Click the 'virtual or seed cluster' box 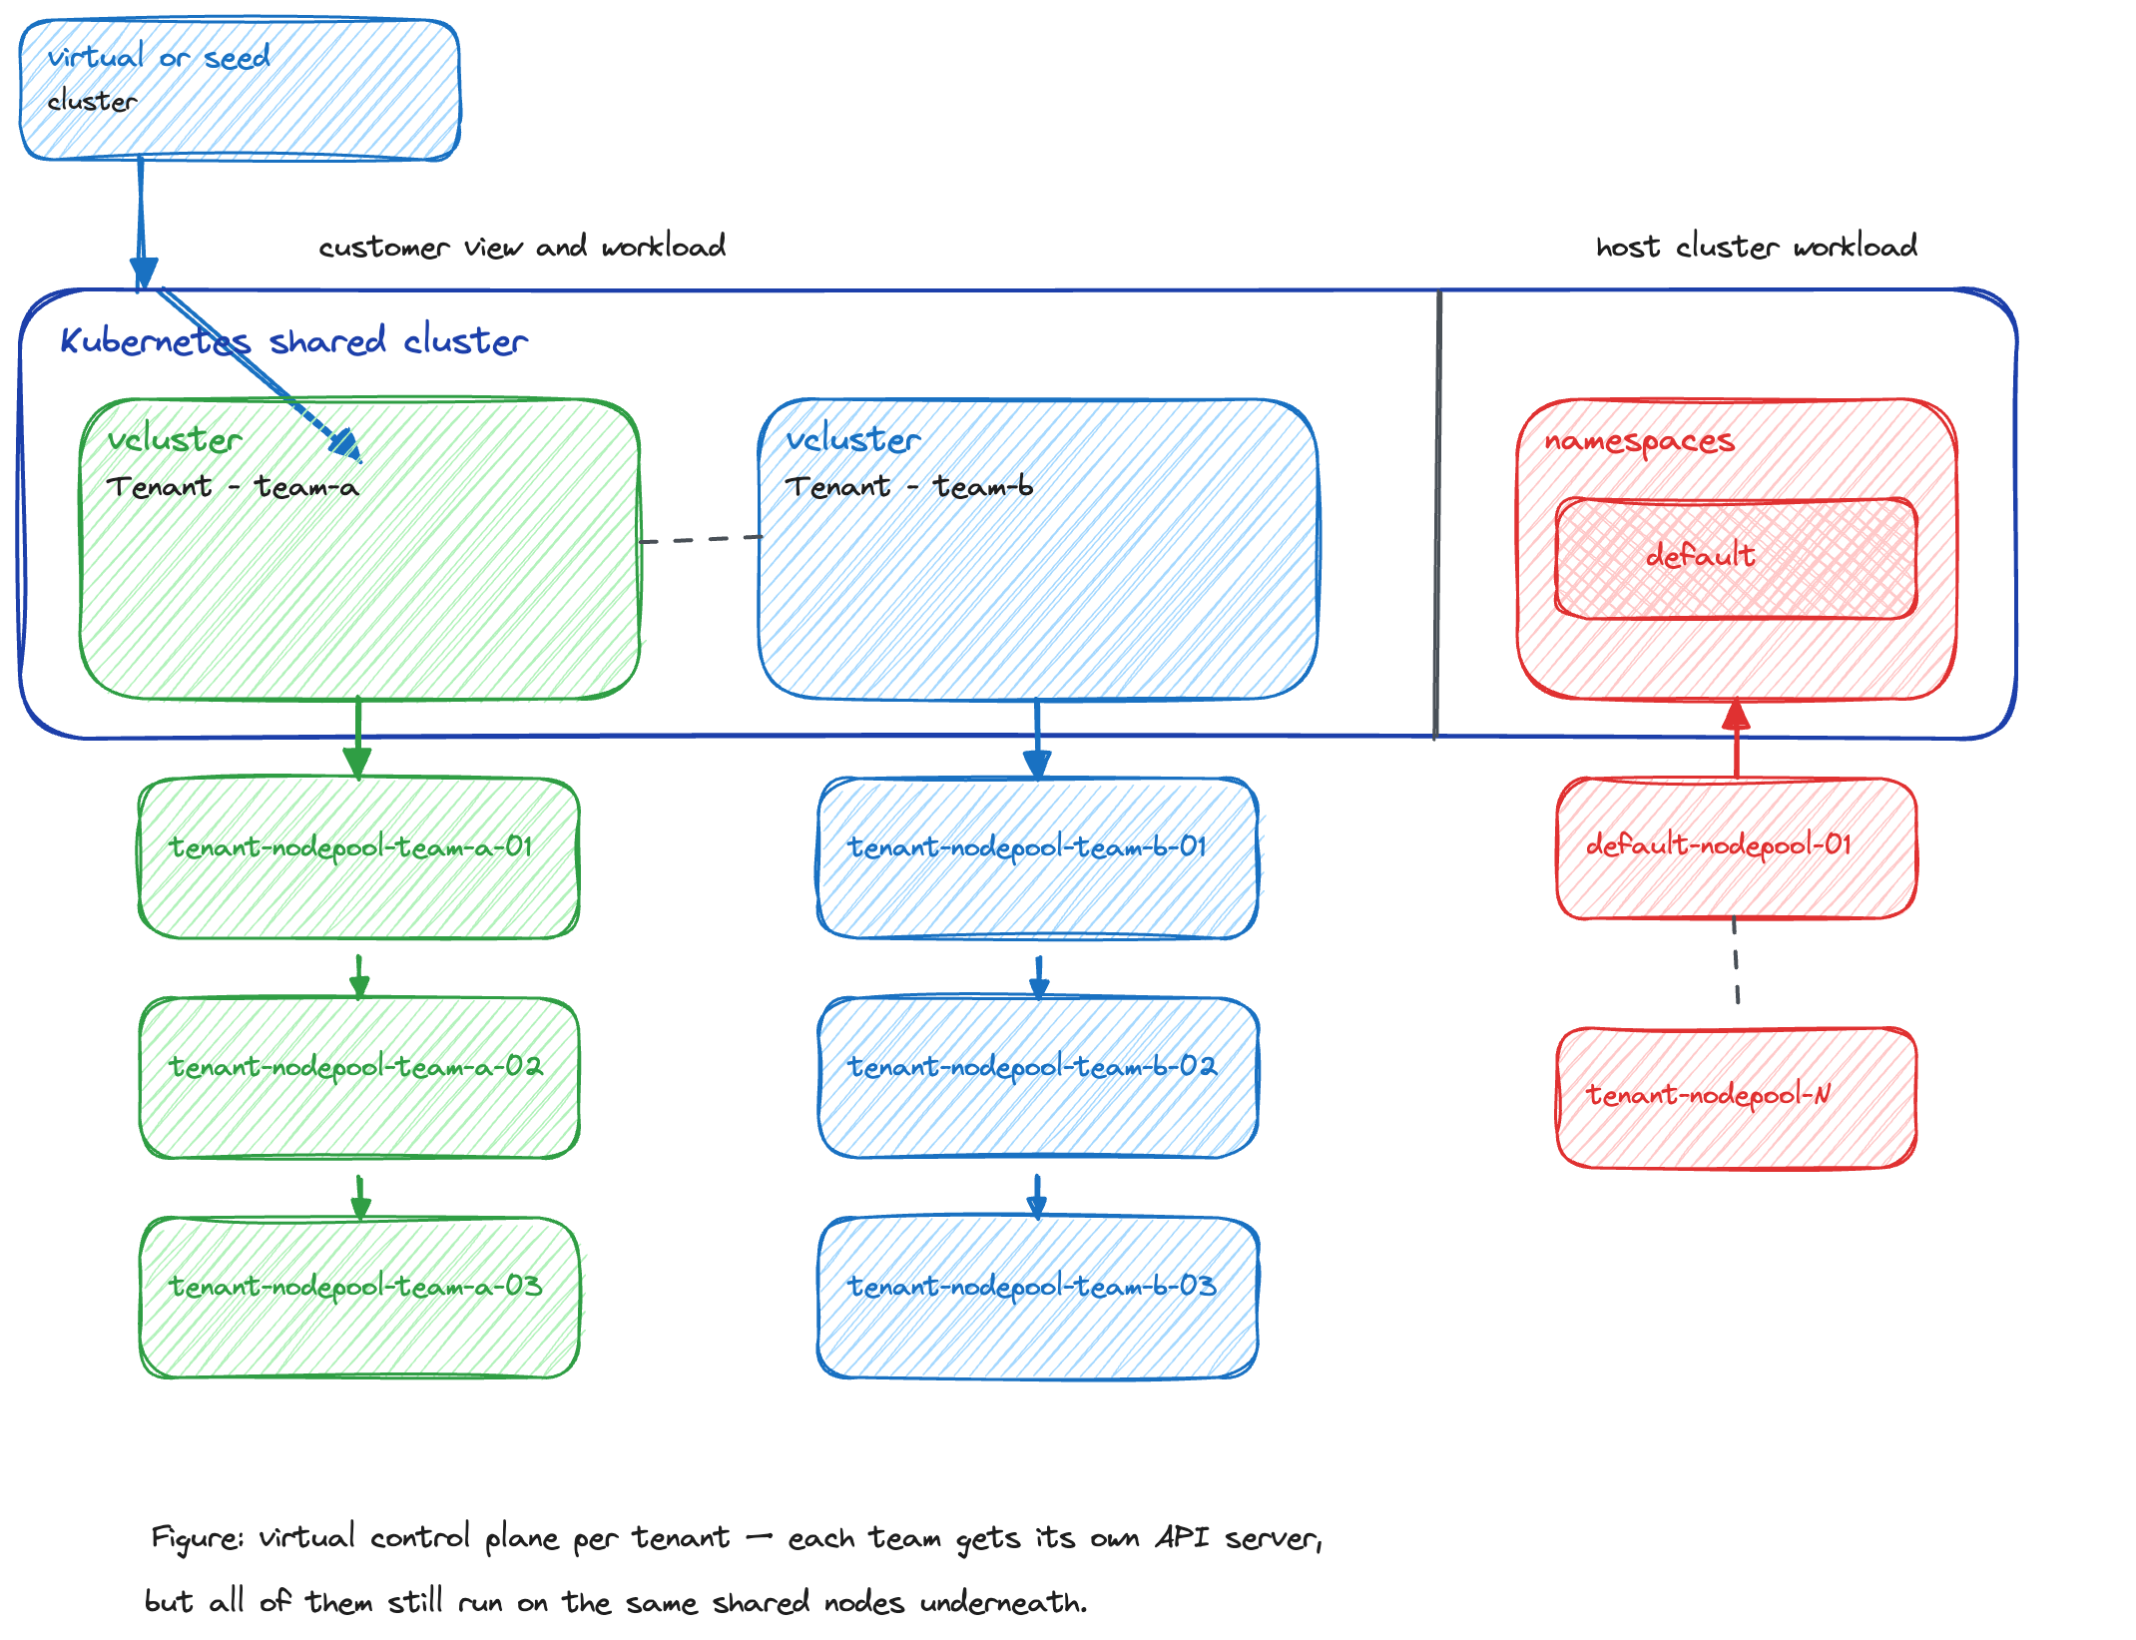pyautogui.click(x=240, y=89)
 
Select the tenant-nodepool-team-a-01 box pyautogui.click(x=359, y=857)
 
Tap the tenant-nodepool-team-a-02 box pyautogui.click(x=359, y=1077)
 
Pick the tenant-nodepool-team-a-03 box pyautogui.click(x=359, y=1297)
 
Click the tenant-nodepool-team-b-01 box pyautogui.click(x=1038, y=857)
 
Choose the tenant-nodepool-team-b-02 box pyautogui.click(x=1038, y=1077)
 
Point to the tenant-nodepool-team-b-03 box pyautogui.click(x=1038, y=1297)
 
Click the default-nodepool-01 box pyautogui.click(x=1737, y=847)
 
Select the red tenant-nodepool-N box pyautogui.click(x=1737, y=1097)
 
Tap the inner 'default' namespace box pyautogui.click(x=1737, y=558)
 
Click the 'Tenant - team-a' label pyautogui.click(x=233, y=486)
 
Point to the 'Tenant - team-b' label pyautogui.click(x=909, y=486)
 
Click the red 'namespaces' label pyautogui.click(x=1640, y=441)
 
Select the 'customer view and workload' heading pyautogui.click(x=522, y=247)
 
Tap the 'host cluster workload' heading pyautogui.click(x=1757, y=247)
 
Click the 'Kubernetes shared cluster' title pyautogui.click(x=294, y=340)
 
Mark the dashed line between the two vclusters pyautogui.click(x=700, y=539)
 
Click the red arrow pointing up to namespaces pyautogui.click(x=1737, y=738)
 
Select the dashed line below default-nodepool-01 pyautogui.click(x=1736, y=960)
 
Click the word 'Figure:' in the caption pyautogui.click(x=197, y=1538)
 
